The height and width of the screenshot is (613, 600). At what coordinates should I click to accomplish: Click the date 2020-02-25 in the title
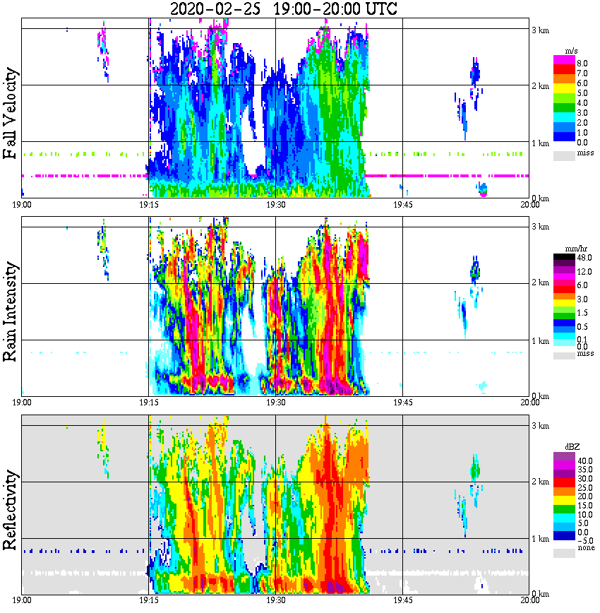[217, 9]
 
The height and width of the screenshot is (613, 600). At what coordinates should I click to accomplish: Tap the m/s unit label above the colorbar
[570, 52]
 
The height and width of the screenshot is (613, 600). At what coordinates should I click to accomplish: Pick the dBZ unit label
[571, 447]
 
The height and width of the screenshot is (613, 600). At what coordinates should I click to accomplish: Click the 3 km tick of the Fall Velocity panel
[540, 30]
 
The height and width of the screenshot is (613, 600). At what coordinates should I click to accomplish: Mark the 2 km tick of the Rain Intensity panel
[540, 283]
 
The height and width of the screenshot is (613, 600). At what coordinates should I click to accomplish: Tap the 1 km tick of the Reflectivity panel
[540, 539]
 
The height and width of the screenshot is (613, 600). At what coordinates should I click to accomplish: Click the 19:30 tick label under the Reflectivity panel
[275, 600]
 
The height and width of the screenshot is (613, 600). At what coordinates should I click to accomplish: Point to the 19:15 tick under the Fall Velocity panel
[148, 205]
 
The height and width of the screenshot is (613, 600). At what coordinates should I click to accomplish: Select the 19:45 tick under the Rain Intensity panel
[402, 403]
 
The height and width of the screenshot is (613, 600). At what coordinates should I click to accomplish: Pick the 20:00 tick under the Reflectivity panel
[529, 600]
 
